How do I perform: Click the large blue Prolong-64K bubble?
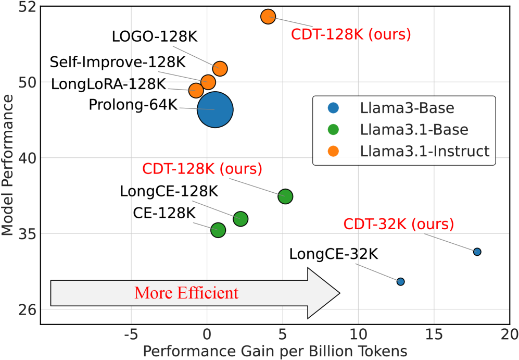[215, 109]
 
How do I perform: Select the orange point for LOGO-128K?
[220, 68]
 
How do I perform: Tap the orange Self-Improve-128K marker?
[208, 82]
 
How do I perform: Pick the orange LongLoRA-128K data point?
[196, 90]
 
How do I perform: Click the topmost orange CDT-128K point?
[268, 17]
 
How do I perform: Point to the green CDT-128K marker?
[285, 196]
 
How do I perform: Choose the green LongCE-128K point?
[240, 219]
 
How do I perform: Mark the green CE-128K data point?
[218, 230]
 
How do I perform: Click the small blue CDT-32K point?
[477, 252]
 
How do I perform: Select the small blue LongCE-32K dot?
[400, 281]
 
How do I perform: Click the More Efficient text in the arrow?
[186, 293]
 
